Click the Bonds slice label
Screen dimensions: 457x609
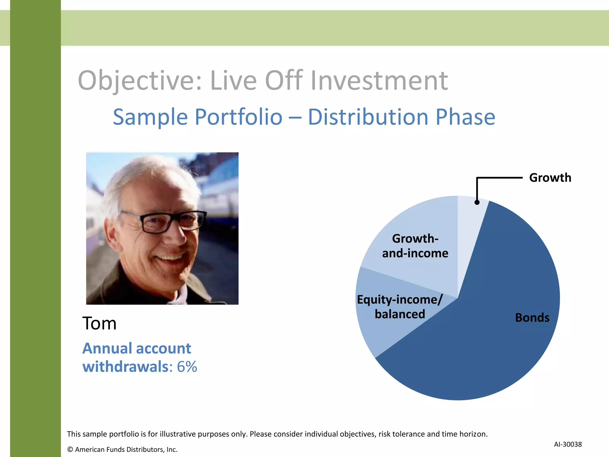pos(532,317)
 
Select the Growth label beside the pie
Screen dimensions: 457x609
pos(550,178)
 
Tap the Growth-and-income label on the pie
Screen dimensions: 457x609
pos(415,246)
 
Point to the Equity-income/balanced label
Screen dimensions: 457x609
pos(400,306)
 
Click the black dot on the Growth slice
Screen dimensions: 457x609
pos(477,202)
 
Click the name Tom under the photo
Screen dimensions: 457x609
pos(99,323)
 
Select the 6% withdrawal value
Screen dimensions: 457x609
pos(187,367)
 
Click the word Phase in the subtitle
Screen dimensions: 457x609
pos(465,117)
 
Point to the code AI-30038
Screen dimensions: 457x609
pos(568,444)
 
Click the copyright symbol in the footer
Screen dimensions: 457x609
pos(70,450)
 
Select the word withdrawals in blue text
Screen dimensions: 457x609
pos(125,367)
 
